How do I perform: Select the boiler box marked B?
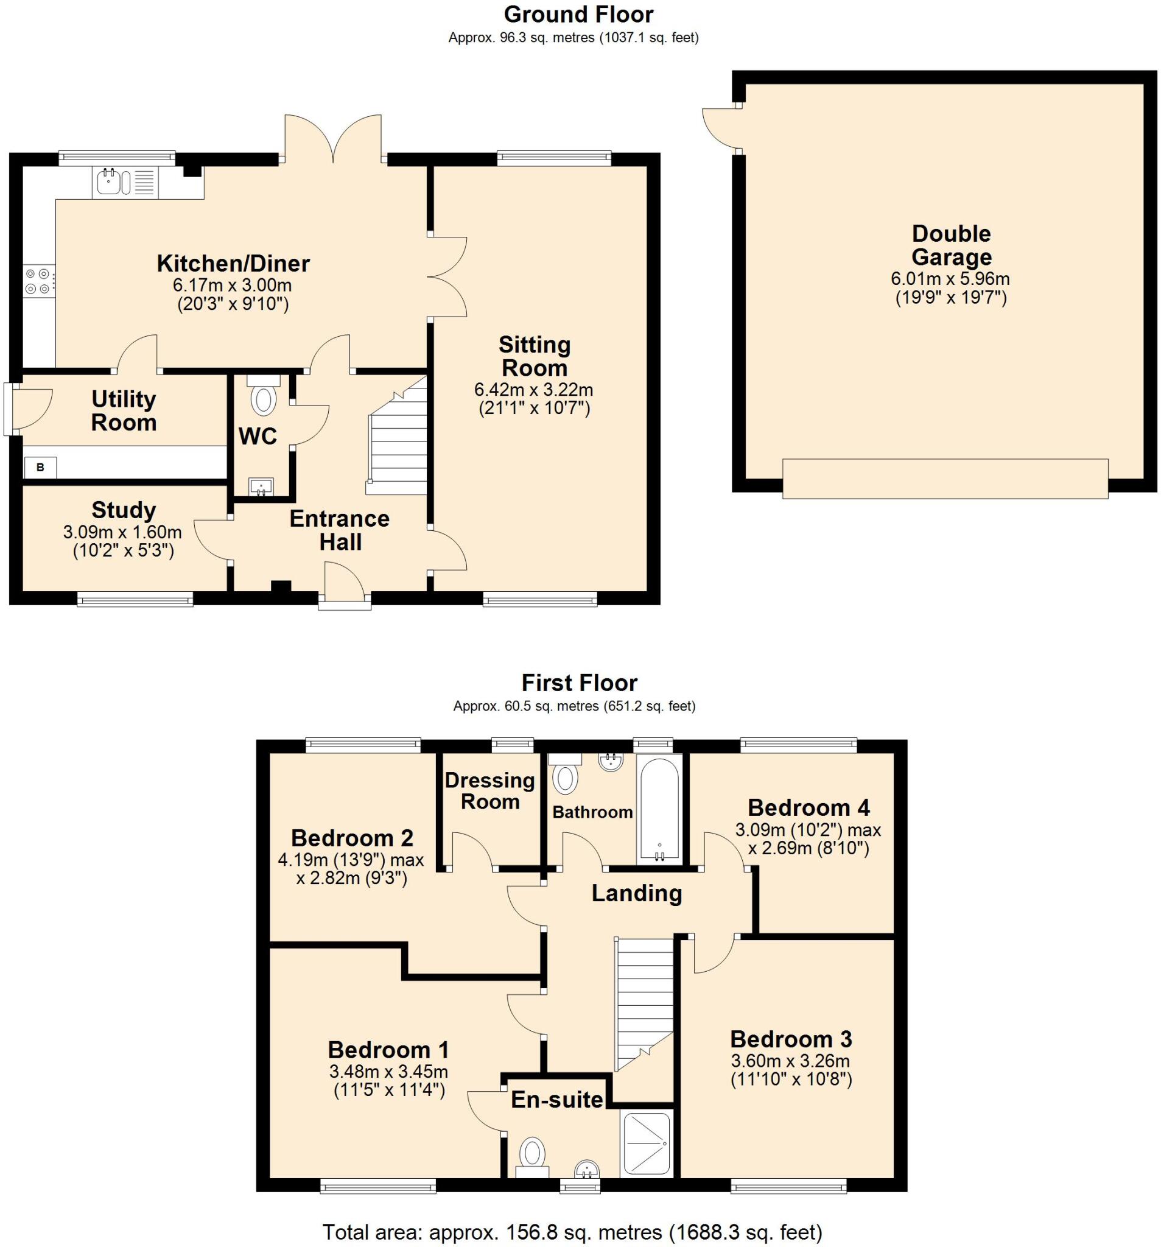coord(40,467)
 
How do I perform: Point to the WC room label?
coord(258,436)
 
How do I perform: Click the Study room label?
coord(123,510)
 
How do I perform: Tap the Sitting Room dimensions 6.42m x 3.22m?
coord(533,390)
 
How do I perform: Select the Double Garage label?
coord(951,245)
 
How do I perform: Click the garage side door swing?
coord(720,129)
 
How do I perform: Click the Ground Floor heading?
coord(578,14)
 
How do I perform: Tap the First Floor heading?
coord(579,683)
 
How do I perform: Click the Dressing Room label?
coord(490,791)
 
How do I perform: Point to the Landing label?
coord(636,893)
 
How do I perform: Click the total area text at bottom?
coord(572,1232)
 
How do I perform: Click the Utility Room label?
coord(124,410)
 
